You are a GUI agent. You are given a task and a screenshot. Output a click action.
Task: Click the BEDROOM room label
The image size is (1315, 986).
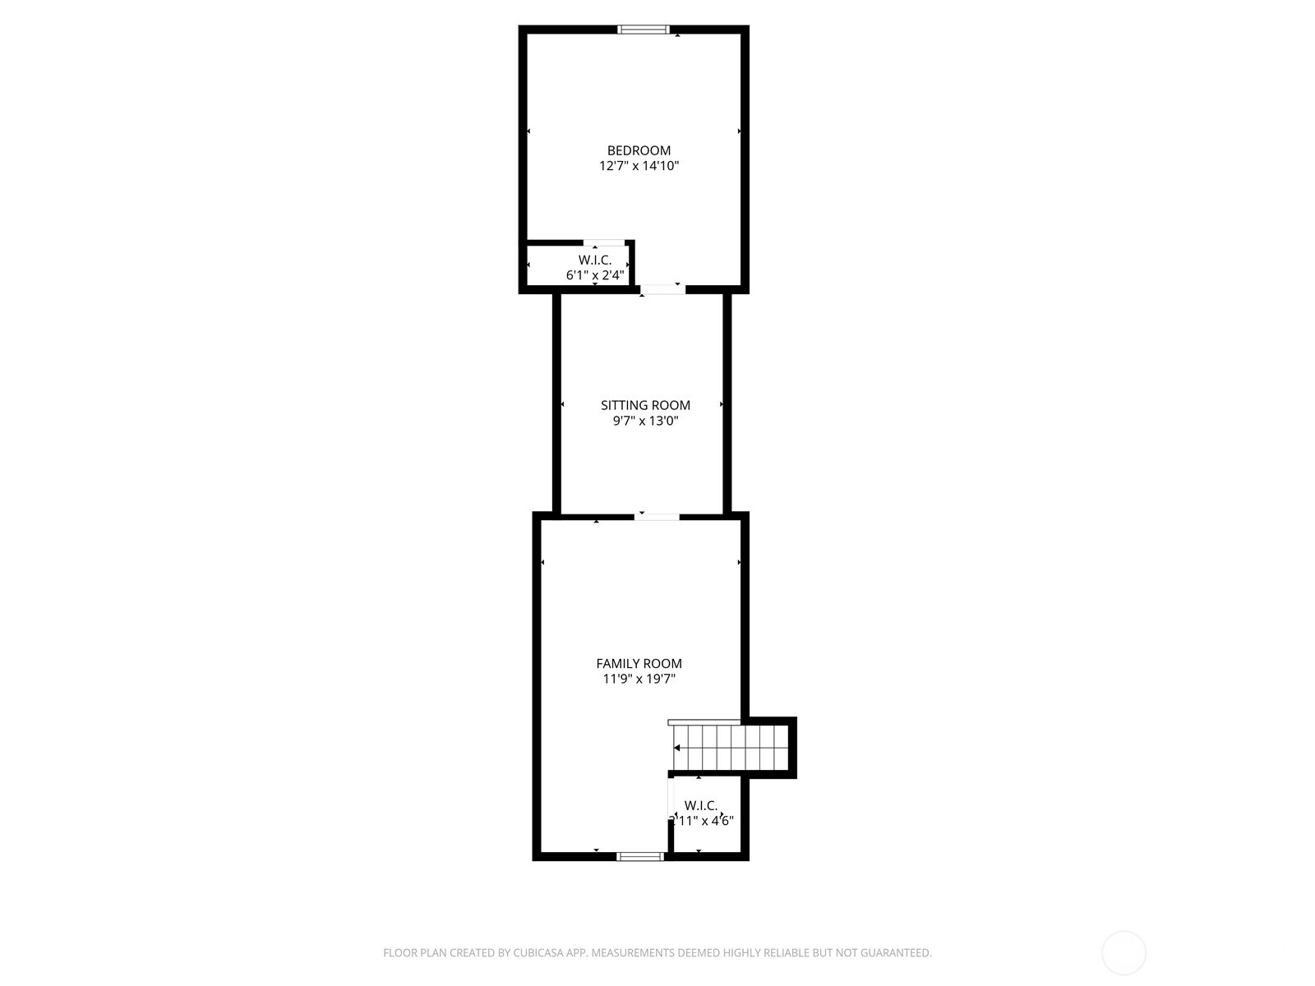click(639, 150)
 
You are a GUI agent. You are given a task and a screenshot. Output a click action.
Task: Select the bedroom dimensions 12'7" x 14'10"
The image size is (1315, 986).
click(639, 166)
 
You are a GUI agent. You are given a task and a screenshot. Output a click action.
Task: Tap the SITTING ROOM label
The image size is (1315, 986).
click(645, 405)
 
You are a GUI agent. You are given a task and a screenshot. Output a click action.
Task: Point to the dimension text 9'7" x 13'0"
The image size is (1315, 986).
click(645, 422)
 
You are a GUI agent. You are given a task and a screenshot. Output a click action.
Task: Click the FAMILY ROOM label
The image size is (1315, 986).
click(639, 663)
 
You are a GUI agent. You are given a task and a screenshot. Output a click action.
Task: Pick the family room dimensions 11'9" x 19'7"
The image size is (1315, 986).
click(639, 680)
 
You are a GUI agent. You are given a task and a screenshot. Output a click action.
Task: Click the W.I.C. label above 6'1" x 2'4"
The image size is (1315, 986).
click(595, 260)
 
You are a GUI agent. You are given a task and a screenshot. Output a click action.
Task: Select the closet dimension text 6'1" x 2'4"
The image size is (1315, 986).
click(595, 275)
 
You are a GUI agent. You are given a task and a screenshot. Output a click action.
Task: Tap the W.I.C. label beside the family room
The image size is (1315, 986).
click(701, 805)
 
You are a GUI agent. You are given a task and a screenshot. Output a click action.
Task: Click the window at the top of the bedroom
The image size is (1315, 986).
click(644, 30)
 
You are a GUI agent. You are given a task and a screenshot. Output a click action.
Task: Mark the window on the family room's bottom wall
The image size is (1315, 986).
click(640, 856)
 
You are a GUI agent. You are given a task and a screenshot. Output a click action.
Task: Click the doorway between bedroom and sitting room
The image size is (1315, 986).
click(662, 289)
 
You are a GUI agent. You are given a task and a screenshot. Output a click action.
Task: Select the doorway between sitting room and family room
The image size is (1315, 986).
click(657, 517)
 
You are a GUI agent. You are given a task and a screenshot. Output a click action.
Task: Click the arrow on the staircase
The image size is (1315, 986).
click(677, 748)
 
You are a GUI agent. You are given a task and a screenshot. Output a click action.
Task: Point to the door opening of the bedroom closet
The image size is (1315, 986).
click(604, 243)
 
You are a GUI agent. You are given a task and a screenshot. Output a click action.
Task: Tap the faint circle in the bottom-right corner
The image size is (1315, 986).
click(1124, 953)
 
